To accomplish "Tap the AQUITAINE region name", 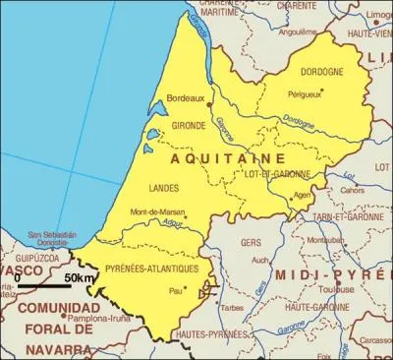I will point(228,157).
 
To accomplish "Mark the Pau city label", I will point(176,290).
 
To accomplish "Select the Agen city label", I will point(303,195).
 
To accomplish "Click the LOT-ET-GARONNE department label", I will point(277,174).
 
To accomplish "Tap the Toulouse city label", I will point(342,290).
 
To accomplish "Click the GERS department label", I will point(251,241).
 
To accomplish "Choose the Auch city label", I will point(260,260).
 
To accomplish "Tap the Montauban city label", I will point(324,239).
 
